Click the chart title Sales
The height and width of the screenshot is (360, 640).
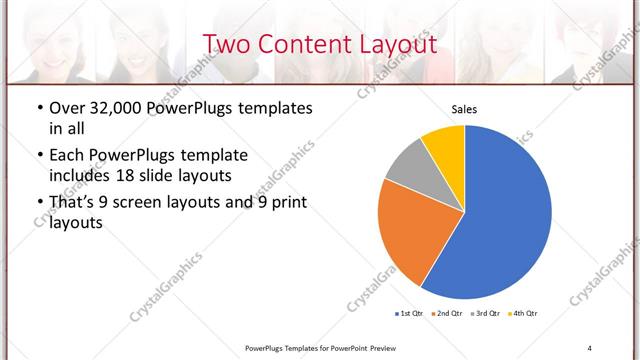point(464,109)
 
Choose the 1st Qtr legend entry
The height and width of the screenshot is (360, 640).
point(411,314)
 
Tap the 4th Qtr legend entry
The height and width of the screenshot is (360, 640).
point(524,314)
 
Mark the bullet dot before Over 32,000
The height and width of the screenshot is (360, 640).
point(39,109)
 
